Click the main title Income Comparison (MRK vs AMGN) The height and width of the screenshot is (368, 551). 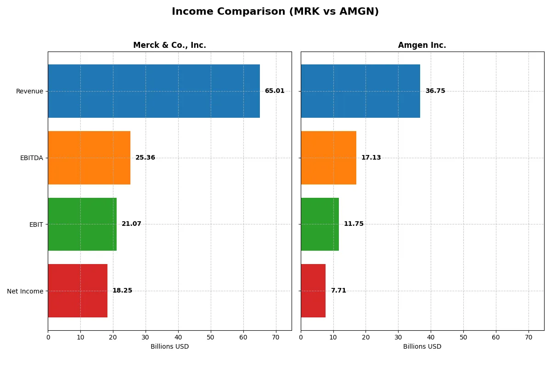[x=275, y=12]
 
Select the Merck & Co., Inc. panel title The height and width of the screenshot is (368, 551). [x=169, y=45]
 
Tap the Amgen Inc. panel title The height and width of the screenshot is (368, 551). [x=422, y=45]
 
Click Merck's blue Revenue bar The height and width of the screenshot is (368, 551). [x=154, y=91]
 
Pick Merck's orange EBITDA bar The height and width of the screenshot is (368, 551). [x=89, y=158]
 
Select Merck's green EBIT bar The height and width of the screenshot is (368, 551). [x=82, y=224]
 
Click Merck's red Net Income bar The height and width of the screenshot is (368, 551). [x=78, y=291]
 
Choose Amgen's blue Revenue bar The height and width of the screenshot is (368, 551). [x=360, y=91]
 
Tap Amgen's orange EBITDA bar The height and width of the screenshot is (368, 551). [x=328, y=158]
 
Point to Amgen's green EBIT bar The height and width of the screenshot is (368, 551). [x=320, y=224]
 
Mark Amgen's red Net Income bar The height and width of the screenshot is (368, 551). [x=313, y=291]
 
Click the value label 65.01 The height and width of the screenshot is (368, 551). [x=275, y=91]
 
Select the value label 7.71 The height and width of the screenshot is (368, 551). [x=338, y=291]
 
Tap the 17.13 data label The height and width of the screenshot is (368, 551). [x=371, y=158]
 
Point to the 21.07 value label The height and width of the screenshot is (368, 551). [x=131, y=224]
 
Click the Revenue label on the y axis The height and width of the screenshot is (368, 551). [x=29, y=91]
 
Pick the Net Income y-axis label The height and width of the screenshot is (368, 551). [x=25, y=291]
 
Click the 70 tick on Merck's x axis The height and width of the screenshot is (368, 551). [x=275, y=337]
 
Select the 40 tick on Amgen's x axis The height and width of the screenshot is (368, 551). [x=431, y=337]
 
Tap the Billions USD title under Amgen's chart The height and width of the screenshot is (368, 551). [x=422, y=346]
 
